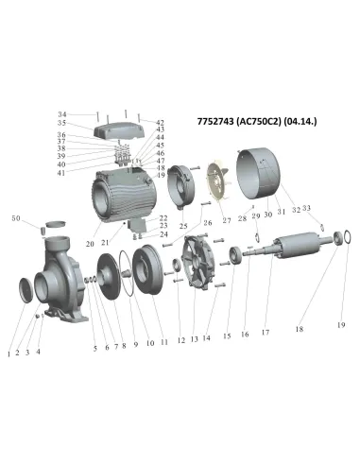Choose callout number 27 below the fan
point(226,220)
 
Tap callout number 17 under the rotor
point(267,332)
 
